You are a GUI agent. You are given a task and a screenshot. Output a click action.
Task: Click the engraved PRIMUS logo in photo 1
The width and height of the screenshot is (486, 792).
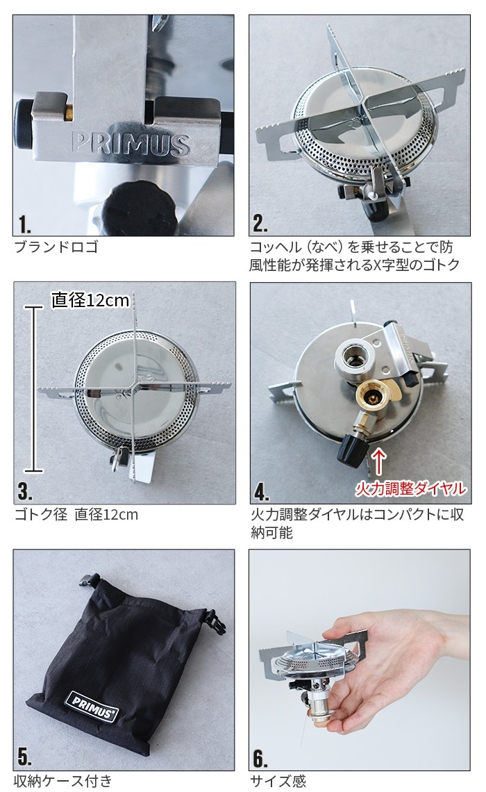pyautogui.click(x=131, y=143)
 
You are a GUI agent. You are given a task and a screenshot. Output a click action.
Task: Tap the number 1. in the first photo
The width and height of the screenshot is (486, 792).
pyautogui.click(x=26, y=224)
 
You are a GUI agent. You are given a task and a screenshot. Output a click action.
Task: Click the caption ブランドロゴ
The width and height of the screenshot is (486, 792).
pyautogui.click(x=56, y=247)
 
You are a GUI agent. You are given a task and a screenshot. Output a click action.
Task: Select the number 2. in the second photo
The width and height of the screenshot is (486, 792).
pyautogui.click(x=261, y=224)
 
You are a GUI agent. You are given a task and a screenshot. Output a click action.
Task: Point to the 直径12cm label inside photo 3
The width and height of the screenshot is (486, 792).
pyautogui.click(x=90, y=300)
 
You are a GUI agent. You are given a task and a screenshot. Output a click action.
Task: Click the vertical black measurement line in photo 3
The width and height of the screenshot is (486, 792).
pyautogui.click(x=31, y=389)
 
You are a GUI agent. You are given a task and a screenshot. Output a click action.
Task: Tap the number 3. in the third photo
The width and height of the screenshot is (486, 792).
pyautogui.click(x=26, y=492)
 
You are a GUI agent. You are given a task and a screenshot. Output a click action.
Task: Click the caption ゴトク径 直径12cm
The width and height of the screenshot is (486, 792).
pyautogui.click(x=76, y=515)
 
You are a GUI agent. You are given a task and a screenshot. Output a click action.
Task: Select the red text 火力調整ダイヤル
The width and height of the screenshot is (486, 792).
pyautogui.click(x=410, y=489)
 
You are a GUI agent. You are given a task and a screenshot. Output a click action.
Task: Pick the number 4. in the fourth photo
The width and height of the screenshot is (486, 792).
pyautogui.click(x=262, y=492)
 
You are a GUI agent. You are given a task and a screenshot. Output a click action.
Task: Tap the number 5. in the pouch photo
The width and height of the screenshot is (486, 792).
pyautogui.click(x=26, y=758)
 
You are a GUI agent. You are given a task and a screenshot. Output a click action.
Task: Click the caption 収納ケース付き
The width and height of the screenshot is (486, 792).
pyautogui.click(x=63, y=781)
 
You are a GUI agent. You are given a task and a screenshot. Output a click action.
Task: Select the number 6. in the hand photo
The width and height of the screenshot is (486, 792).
pyautogui.click(x=261, y=758)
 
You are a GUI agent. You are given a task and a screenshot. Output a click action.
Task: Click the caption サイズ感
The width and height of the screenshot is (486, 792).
pyautogui.click(x=278, y=781)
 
